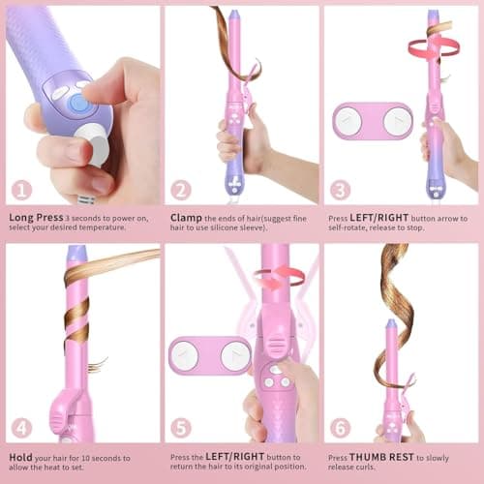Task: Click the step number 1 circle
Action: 21,190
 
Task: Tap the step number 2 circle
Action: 181,190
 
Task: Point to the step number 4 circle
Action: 21,427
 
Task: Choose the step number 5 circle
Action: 181,427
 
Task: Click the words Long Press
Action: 36,218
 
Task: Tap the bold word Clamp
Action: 186,218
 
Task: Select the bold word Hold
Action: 22,455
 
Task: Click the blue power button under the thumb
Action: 78,102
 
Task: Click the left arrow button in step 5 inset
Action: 186,355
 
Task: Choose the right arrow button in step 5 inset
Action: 234,355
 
